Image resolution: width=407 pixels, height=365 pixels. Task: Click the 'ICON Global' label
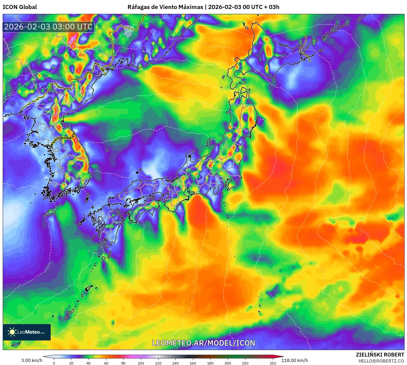20,7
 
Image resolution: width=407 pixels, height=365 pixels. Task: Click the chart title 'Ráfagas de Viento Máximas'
165,7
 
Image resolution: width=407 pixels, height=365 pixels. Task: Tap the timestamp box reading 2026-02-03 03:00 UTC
48,27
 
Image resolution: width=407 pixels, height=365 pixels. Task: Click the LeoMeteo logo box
27,332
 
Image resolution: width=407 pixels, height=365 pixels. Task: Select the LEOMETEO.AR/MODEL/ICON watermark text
203,343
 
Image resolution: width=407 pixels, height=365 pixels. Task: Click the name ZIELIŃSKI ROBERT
380,355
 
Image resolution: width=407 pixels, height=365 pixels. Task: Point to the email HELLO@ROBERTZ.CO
381,361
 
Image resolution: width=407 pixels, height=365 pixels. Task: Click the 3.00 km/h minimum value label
32,360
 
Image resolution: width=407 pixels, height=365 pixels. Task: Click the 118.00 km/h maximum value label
294,360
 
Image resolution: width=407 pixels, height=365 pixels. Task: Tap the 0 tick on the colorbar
54,363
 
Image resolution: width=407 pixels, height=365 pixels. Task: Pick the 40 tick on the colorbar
89,363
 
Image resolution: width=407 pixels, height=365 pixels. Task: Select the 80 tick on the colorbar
123,363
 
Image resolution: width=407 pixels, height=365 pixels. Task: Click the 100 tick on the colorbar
141,363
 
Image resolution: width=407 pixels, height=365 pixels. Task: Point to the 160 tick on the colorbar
193,363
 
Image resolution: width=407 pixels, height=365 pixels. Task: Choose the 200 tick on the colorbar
227,363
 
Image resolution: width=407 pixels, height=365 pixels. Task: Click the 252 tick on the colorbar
273,363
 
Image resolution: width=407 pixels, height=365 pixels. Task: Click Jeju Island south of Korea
50,213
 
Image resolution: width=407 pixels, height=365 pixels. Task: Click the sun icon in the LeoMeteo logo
12,332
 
